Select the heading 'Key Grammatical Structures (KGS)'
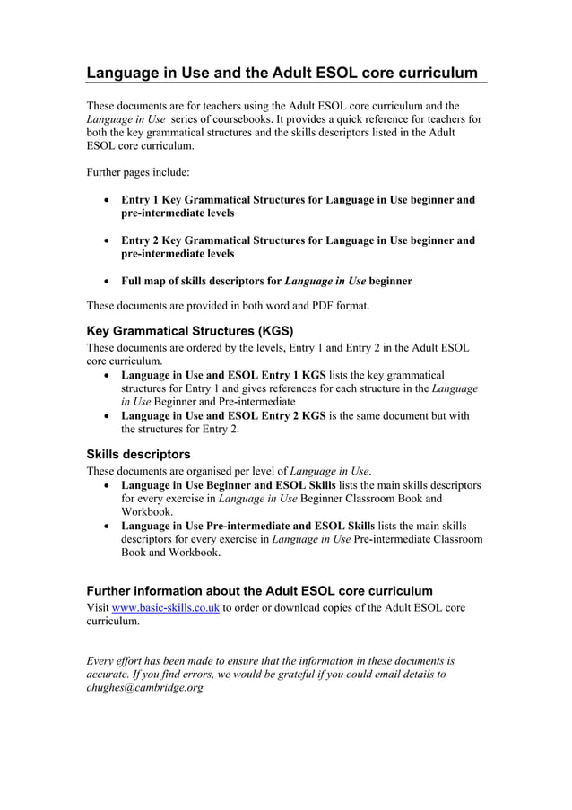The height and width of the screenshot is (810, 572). coord(190,330)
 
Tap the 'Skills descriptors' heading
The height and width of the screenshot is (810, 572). coord(138,454)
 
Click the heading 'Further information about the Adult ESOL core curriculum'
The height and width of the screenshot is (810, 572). coord(259,590)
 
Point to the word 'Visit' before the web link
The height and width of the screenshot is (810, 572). coord(97,607)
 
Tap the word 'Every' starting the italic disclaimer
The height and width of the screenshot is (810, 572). coord(101,659)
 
